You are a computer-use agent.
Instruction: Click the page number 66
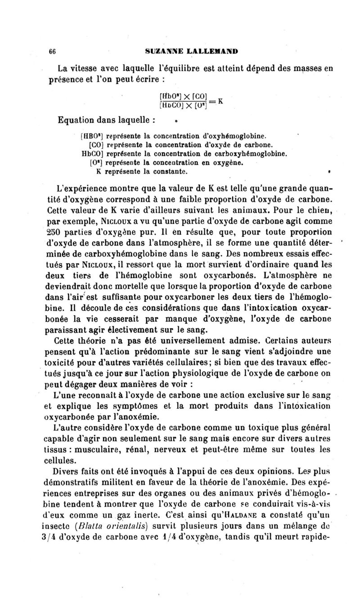click(52, 51)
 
